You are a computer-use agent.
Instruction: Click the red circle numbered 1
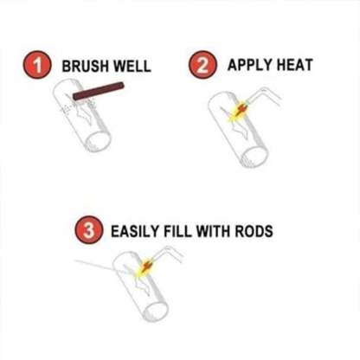pyautogui.click(x=35, y=66)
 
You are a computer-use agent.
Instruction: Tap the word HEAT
pyautogui.click(x=292, y=65)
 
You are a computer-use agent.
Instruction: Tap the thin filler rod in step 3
pyautogui.click(x=100, y=265)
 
